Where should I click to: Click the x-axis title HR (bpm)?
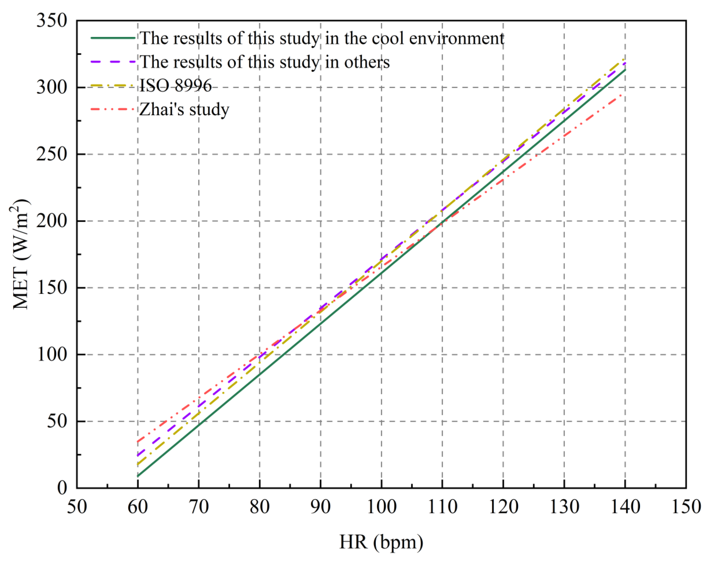click(x=381, y=542)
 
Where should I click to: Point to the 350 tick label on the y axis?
click(x=52, y=21)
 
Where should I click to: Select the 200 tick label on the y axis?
click(x=52, y=221)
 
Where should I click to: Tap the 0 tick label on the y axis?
click(x=62, y=488)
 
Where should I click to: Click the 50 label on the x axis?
click(x=77, y=507)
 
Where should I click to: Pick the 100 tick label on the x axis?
click(x=381, y=507)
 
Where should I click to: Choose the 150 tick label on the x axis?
click(x=686, y=507)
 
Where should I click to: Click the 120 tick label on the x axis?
click(x=503, y=507)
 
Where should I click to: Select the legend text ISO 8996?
click(x=176, y=86)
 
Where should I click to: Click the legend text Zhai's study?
click(x=184, y=109)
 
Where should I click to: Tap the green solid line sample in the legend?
click(x=113, y=38)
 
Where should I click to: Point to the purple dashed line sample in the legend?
click(x=113, y=62)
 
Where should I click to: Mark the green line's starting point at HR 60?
click(x=138, y=476)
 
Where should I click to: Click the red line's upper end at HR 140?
click(x=625, y=94)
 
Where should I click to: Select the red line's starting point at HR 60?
click(x=138, y=441)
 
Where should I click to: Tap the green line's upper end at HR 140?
click(x=625, y=70)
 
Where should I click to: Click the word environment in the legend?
click(x=456, y=38)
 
